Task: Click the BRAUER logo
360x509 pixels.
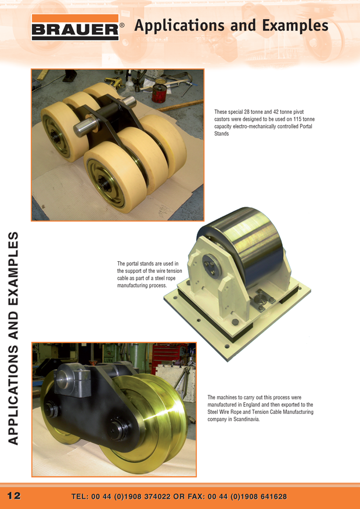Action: click(x=75, y=27)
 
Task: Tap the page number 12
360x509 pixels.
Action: click(x=14, y=496)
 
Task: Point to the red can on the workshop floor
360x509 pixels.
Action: click(x=159, y=93)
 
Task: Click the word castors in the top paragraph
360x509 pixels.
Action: click(x=222, y=119)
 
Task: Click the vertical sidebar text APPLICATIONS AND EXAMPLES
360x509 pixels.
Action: click(x=13, y=338)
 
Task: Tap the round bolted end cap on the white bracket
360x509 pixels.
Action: click(x=212, y=264)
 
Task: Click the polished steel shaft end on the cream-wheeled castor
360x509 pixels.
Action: click(x=85, y=127)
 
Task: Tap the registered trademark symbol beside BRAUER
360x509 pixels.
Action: click(x=122, y=25)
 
